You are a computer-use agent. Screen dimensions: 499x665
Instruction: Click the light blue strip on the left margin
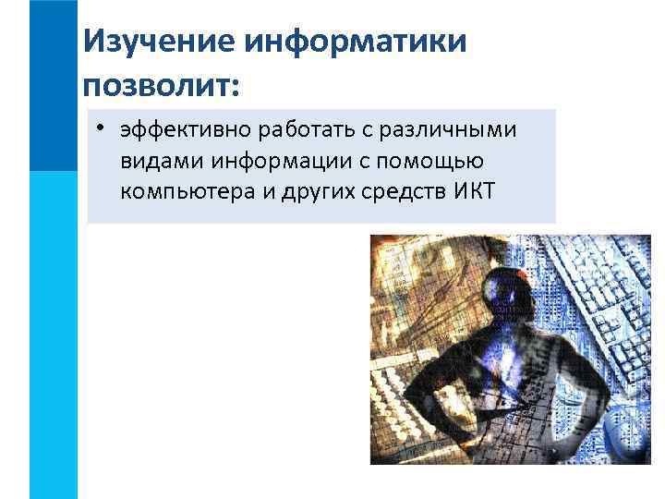(54, 333)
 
